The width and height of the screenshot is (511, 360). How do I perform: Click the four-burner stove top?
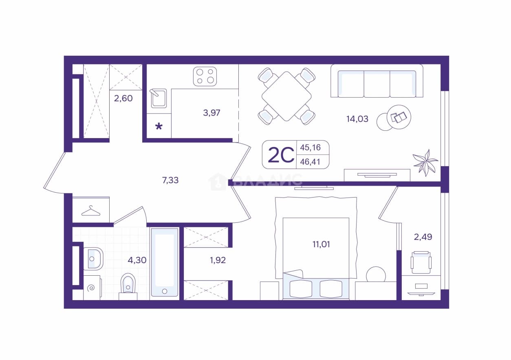point(205,77)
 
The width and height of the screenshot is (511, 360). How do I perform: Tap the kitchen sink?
point(159,98)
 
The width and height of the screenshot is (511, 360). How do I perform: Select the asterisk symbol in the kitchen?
point(159,126)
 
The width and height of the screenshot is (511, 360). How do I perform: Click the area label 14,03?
point(357,119)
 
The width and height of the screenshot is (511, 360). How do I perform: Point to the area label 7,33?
point(170,180)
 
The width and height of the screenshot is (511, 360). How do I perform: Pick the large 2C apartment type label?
point(281,155)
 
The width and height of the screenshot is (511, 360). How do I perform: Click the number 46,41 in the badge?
point(310,162)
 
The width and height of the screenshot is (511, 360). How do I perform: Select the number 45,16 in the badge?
point(310,147)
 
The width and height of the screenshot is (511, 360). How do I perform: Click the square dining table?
point(286,96)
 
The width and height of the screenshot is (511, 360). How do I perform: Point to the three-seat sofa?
point(377,81)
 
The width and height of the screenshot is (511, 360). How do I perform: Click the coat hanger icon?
point(91,211)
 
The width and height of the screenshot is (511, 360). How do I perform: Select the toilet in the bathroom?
point(128,287)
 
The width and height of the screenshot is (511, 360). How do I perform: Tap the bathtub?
point(165,262)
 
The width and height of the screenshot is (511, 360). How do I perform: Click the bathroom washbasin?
point(93,259)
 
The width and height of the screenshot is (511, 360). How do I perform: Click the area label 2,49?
point(423,237)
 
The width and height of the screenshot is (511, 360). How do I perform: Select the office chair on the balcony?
point(421,262)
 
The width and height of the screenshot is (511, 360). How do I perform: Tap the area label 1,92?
point(218,260)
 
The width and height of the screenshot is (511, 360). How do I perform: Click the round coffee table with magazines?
point(399,117)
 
